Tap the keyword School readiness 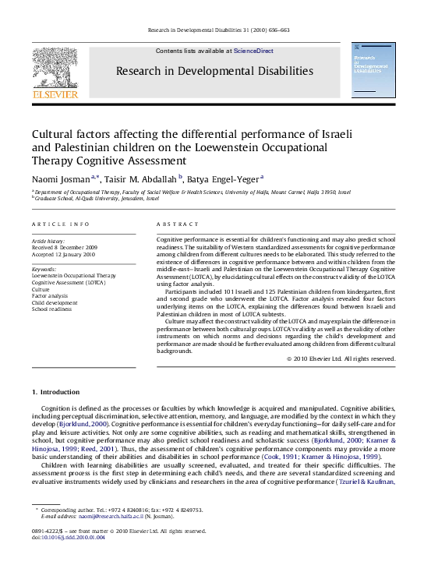point(53,309)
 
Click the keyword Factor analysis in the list point(51,295)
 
